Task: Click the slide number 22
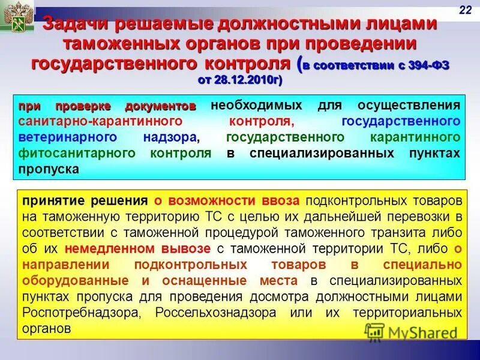pyautogui.click(x=465, y=8)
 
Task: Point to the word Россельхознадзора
pyautogui.click(x=215, y=313)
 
